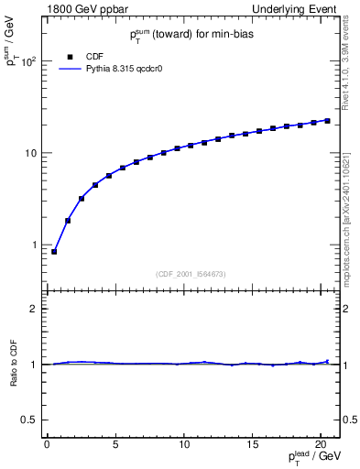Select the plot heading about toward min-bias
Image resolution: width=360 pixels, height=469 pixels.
tap(192, 35)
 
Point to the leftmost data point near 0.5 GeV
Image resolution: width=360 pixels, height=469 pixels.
tap(54, 251)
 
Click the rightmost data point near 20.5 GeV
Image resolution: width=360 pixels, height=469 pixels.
tap(328, 120)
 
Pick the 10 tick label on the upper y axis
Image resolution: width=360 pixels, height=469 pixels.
tap(29, 153)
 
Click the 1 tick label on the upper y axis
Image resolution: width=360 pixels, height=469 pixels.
tap(34, 245)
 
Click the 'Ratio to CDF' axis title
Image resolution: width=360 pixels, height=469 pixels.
tap(14, 364)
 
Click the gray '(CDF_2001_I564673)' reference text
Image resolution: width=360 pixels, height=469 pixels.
tap(192, 274)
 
